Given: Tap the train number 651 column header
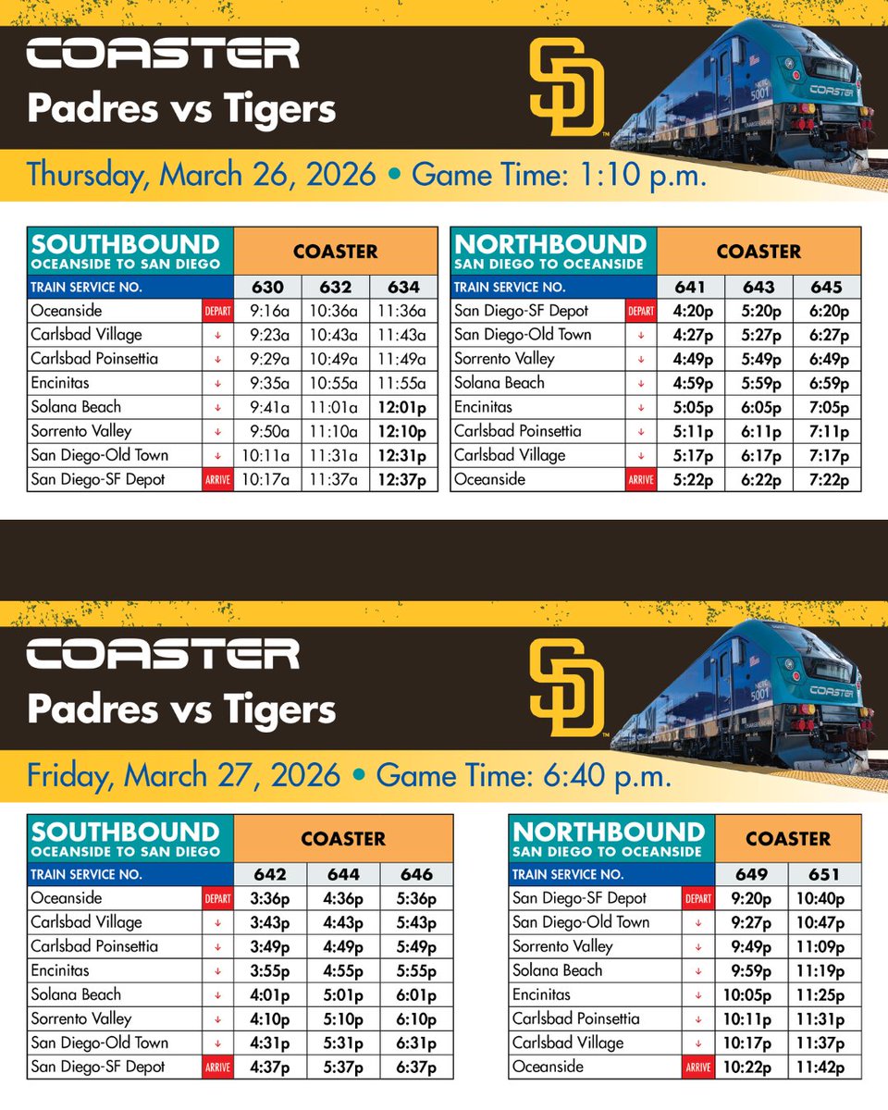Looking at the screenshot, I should click(824, 874).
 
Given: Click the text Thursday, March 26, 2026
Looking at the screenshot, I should click(202, 175).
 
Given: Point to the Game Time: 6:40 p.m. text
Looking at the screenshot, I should click(524, 774).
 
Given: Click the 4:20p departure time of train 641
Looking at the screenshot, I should click(691, 311).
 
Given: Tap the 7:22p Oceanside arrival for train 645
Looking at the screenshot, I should click(826, 479).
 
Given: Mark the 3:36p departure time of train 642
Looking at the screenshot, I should click(271, 898).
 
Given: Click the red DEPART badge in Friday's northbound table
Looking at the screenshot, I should click(698, 899).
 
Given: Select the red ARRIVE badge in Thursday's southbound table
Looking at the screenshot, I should click(217, 479).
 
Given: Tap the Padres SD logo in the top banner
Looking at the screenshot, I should click(566, 87).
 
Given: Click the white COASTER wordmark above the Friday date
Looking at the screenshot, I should click(163, 653).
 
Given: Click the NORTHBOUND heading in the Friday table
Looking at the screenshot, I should click(608, 831).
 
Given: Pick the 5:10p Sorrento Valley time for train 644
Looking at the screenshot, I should click(345, 1018).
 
